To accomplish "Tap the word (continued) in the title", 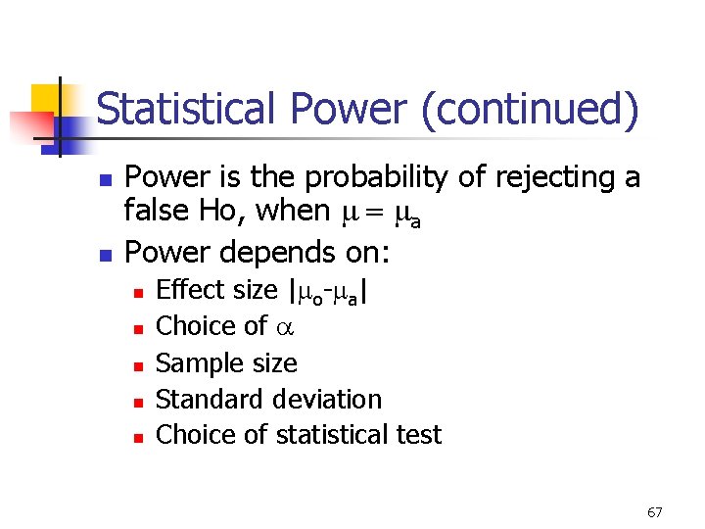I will click(x=530, y=110).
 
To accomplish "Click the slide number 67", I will click(x=655, y=511).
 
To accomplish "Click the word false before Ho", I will click(x=158, y=211).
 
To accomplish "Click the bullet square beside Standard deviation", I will click(x=138, y=402).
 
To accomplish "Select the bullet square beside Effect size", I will click(x=138, y=292).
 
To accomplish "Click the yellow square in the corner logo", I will click(x=46, y=99).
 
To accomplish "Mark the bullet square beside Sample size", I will click(x=138, y=365).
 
